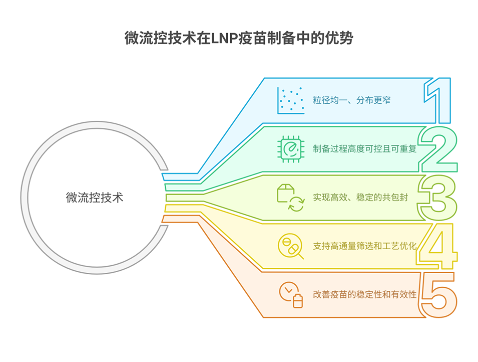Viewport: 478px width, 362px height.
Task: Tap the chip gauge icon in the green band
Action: click(x=291, y=149)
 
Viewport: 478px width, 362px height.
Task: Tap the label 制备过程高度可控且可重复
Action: click(x=365, y=149)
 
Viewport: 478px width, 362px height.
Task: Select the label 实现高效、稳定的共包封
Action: click(x=360, y=198)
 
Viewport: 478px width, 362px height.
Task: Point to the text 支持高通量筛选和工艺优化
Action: click(x=365, y=246)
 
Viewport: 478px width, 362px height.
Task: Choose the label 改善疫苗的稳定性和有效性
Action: click(x=365, y=294)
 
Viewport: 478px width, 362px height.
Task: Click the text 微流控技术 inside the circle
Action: click(x=95, y=198)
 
